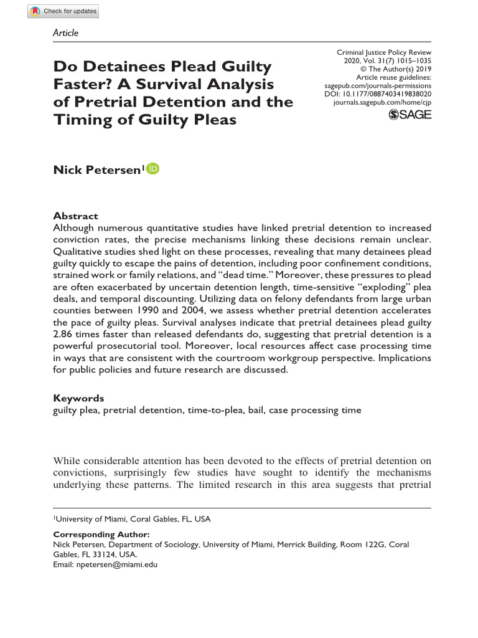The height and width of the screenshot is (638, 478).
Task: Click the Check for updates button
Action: (63, 11)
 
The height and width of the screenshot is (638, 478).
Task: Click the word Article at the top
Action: (66, 32)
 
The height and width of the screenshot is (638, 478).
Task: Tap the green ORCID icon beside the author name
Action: (153, 168)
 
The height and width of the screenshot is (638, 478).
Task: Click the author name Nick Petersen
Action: (98, 169)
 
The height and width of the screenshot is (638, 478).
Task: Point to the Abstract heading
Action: (75, 216)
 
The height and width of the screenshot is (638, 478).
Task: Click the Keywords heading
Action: (78, 398)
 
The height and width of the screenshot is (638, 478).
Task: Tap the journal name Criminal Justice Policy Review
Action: (383, 53)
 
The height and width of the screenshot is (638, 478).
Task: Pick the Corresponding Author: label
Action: (101, 535)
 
